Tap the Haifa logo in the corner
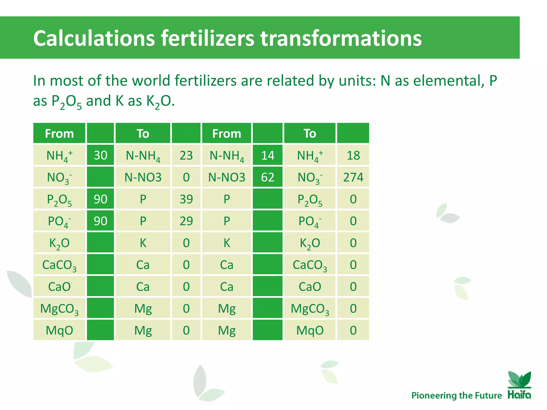pyautogui.click(x=519, y=385)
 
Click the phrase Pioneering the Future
pyautogui.click(x=456, y=395)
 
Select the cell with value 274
pyautogui.click(x=353, y=177)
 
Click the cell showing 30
pyautogui.click(x=100, y=155)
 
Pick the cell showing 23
pyautogui.click(x=186, y=155)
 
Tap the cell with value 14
pyautogui.click(x=268, y=155)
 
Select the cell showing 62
pyautogui.click(x=268, y=177)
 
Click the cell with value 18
pyautogui.click(x=353, y=155)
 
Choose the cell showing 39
pyautogui.click(x=186, y=199)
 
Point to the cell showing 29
pyautogui.click(x=186, y=221)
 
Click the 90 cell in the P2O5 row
pyautogui.click(x=100, y=199)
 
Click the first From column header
pyautogui.click(x=59, y=133)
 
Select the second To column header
pyautogui.click(x=310, y=133)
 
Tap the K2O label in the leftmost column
pyautogui.click(x=59, y=243)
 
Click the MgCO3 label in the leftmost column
pyautogui.click(x=59, y=309)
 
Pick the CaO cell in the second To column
pyautogui.click(x=310, y=287)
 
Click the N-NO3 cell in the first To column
pyautogui.click(x=143, y=177)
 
